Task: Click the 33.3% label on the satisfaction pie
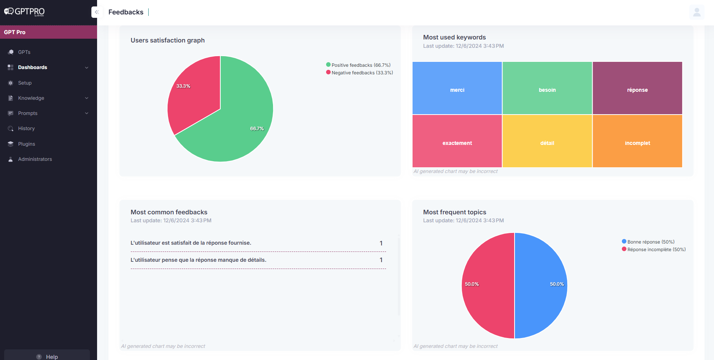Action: [183, 86]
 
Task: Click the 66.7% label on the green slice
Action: [257, 129]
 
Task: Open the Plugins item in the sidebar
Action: [27, 144]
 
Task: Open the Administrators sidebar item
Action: [35, 159]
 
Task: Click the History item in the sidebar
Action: [26, 129]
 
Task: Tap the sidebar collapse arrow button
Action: [97, 12]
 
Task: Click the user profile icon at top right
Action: [697, 12]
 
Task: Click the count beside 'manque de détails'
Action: [381, 260]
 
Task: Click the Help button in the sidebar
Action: [47, 357]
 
